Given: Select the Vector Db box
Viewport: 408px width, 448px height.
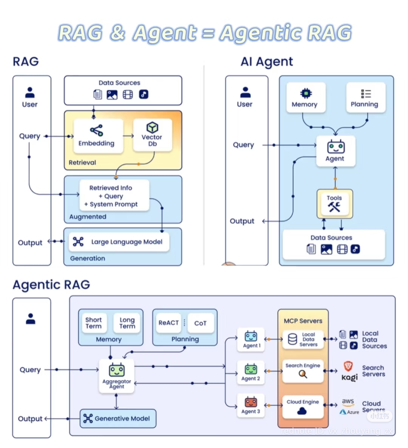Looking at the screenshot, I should tap(152, 135).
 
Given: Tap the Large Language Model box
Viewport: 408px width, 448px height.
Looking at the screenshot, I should tap(119, 242).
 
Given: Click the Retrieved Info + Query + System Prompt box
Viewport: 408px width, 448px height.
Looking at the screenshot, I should tap(114, 196).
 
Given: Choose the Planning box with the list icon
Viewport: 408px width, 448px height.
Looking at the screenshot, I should tap(365, 98).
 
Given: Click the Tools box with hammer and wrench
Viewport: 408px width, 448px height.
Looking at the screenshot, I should tap(335, 204).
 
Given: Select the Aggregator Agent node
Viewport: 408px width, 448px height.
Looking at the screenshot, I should tap(116, 376).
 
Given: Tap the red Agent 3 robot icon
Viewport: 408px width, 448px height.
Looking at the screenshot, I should tap(251, 402).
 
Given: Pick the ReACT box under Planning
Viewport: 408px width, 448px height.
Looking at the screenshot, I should tap(168, 323).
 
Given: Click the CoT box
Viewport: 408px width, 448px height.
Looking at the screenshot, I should tap(201, 323).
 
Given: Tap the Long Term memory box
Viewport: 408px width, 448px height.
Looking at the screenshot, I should tap(127, 323).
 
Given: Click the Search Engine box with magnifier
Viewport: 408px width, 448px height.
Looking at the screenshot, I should tap(303, 371).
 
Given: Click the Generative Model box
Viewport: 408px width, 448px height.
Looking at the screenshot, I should tap(118, 418).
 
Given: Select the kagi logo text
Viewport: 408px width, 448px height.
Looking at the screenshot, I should tap(349, 378).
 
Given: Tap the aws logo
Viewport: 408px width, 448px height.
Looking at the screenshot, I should tap(348, 401).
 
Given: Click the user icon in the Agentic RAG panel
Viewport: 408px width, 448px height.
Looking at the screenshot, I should tap(31, 319).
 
